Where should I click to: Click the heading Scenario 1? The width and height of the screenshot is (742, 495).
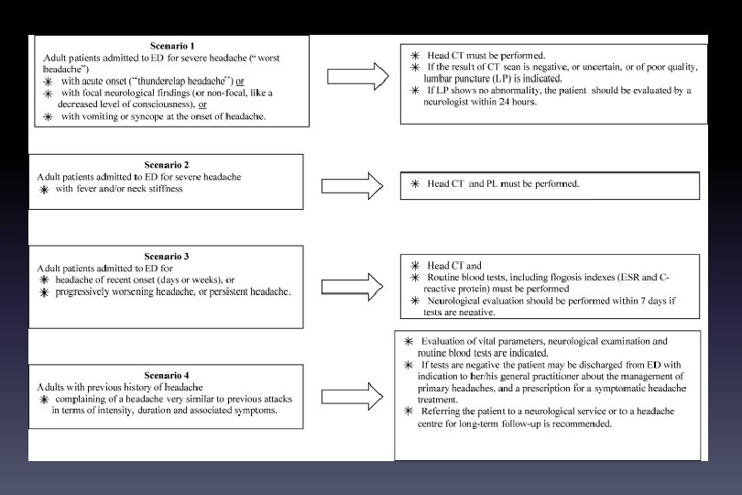pos(172,45)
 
